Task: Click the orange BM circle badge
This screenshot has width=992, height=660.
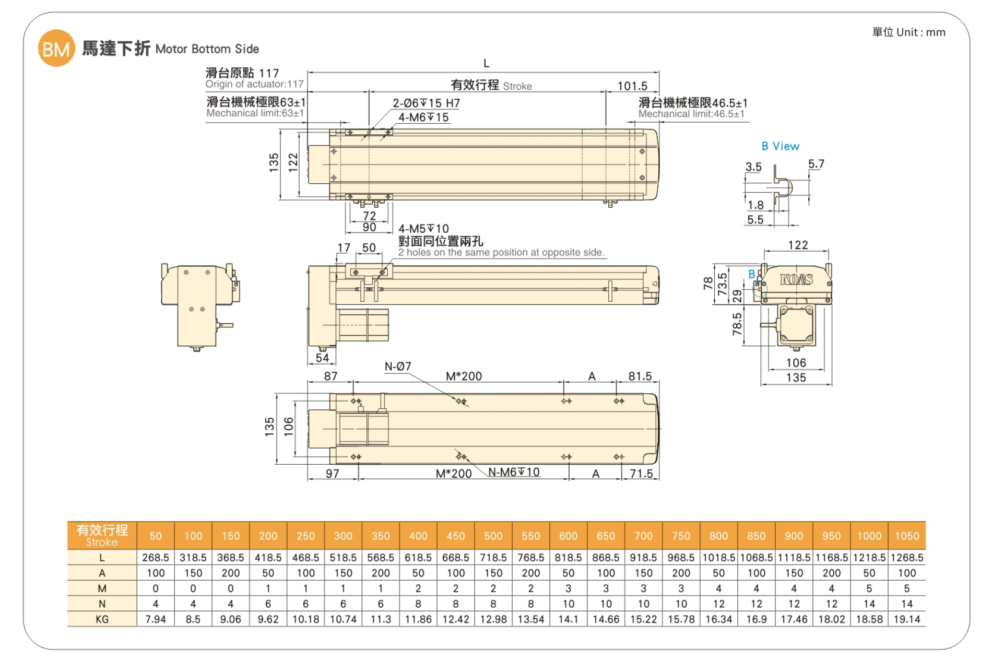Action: [x=56, y=49]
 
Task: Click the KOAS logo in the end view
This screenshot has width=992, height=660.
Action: [x=796, y=279]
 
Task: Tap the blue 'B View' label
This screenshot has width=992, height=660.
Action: [x=780, y=146]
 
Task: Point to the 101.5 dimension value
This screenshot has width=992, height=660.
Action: [x=632, y=86]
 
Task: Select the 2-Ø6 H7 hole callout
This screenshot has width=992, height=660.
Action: [x=426, y=103]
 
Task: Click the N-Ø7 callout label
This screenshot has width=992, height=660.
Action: [x=398, y=367]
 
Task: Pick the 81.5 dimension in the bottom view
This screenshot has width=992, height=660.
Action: [x=640, y=376]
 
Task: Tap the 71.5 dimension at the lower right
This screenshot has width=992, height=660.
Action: [x=641, y=474]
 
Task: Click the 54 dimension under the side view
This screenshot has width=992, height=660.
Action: [x=322, y=358]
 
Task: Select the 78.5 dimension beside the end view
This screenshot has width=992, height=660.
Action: [x=737, y=324]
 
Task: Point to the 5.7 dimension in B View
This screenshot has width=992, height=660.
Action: [x=816, y=164]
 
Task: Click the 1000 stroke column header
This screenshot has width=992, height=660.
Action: [x=869, y=536]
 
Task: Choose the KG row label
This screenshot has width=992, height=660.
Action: [x=102, y=619]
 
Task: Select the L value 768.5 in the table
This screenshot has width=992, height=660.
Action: [x=530, y=558]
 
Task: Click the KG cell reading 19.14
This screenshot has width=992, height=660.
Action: [x=907, y=619]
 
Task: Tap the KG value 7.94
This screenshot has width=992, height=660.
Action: [x=156, y=619]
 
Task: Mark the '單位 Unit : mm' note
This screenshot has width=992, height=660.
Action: [x=909, y=32]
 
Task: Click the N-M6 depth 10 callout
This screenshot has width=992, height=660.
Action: [x=514, y=472]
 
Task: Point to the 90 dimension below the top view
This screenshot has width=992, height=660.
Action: [x=369, y=227]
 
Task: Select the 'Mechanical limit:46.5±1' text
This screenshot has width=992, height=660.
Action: [x=691, y=114]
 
